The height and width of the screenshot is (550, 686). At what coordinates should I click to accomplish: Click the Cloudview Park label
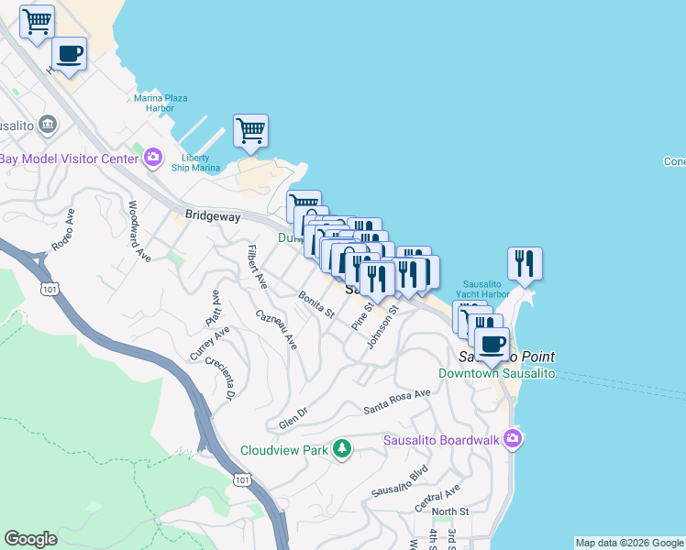(x=283, y=450)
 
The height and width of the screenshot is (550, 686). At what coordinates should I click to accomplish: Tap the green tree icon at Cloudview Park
(x=342, y=448)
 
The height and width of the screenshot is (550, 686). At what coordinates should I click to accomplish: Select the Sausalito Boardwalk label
(x=441, y=440)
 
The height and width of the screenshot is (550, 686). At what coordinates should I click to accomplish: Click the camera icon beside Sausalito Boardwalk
(x=514, y=439)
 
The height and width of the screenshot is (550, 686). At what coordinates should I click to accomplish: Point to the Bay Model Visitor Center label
(x=68, y=159)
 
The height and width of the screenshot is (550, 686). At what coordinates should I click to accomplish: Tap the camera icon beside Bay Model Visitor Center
(x=153, y=159)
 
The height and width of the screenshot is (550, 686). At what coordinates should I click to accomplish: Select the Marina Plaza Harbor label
(x=160, y=102)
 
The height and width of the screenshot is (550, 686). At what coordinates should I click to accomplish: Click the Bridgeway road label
(x=212, y=217)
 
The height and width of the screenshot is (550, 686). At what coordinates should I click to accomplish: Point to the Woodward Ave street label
(x=139, y=231)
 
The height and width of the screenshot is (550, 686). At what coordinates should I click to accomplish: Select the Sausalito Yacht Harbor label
(x=485, y=289)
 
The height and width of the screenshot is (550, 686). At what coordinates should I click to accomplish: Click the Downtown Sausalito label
(x=483, y=373)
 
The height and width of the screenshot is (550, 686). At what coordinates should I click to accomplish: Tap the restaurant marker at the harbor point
(x=525, y=263)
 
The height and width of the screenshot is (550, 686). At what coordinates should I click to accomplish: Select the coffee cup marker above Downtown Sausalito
(x=491, y=344)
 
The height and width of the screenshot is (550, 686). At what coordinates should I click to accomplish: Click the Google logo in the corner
(x=31, y=539)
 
